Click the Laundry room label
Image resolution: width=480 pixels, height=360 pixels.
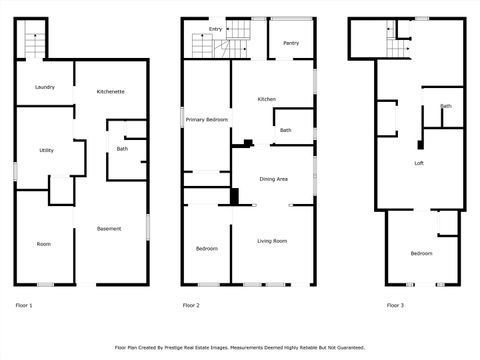[x=44, y=87]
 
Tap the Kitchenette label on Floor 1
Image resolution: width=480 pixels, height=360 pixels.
[x=110, y=92]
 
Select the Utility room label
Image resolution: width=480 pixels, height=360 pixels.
[x=46, y=150]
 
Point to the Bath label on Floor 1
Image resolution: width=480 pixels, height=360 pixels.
[x=122, y=149]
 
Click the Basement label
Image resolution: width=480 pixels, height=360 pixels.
[x=109, y=229]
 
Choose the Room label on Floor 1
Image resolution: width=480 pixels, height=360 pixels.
[x=44, y=244]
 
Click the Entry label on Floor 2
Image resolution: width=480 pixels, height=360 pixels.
[x=215, y=29]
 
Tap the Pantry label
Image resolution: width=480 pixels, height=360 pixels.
[x=291, y=43]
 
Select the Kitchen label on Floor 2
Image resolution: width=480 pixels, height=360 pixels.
[x=266, y=99]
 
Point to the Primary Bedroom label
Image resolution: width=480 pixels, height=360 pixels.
[x=207, y=120]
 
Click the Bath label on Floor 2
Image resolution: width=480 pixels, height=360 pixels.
[x=286, y=130]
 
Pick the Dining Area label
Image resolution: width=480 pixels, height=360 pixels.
[x=274, y=179]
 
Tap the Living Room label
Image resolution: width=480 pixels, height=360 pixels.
[x=272, y=241]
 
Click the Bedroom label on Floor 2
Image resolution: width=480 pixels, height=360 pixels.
[x=206, y=248]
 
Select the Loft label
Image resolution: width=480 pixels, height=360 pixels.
[x=421, y=162]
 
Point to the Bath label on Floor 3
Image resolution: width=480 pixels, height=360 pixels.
[x=446, y=106]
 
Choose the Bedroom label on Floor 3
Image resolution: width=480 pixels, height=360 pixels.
[x=421, y=253]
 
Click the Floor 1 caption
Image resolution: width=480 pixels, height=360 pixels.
[x=24, y=305]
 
